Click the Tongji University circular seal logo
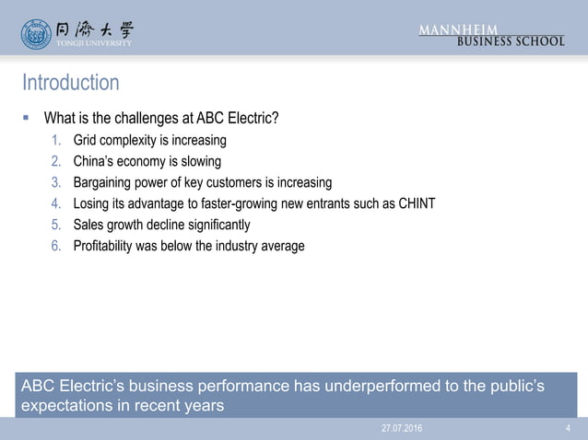37,33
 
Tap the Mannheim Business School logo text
491,34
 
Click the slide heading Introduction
70,83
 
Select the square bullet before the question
28,118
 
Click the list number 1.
55,140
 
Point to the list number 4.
55,203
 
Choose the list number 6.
55,246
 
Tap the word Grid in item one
85,140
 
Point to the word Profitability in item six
103,246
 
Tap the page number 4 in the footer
567,429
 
